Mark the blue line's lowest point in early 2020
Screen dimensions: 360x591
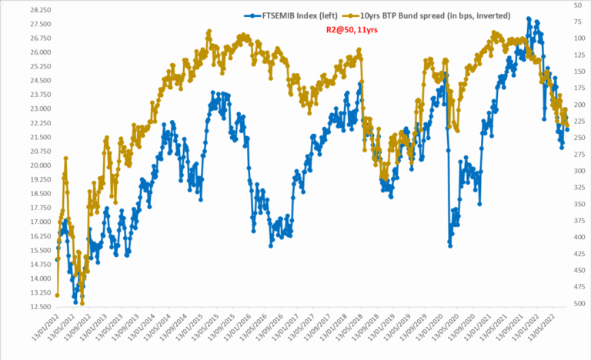[x=450, y=245]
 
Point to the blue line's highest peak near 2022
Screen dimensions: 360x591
[x=528, y=18]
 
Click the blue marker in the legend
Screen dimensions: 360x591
[x=249, y=15]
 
